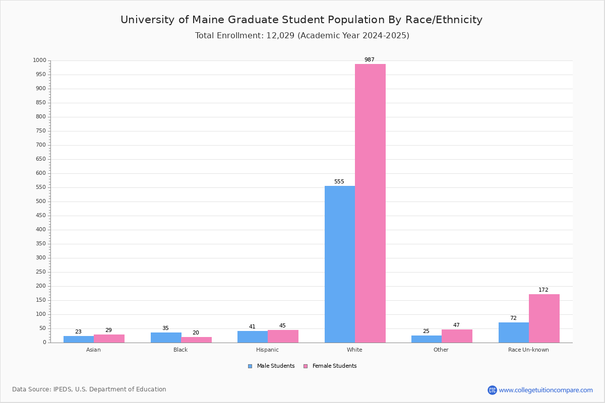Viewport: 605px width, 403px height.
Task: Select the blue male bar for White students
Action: [340, 264]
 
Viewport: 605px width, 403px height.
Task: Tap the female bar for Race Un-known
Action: [544, 318]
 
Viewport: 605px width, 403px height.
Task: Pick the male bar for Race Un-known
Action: [514, 332]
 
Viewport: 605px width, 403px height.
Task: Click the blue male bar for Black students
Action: [166, 338]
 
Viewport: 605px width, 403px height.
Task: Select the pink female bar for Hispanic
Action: [283, 336]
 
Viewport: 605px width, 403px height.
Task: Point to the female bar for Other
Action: [457, 336]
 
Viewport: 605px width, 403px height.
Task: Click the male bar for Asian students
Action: [79, 339]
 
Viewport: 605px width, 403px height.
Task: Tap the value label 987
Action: [370, 60]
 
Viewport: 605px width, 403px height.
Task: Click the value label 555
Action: [339, 182]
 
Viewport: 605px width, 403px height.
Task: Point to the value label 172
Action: [543, 290]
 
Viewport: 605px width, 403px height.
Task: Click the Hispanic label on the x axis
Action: [267, 350]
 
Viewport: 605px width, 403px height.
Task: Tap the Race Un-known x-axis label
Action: [528, 350]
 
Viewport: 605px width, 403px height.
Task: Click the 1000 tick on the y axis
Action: [39, 60]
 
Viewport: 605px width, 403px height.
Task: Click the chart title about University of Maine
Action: [301, 20]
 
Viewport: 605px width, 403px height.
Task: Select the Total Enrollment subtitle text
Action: [302, 36]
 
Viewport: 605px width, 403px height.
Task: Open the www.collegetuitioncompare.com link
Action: [546, 390]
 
